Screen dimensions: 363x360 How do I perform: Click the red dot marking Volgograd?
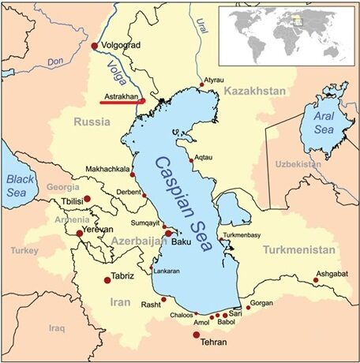[x=96, y=46]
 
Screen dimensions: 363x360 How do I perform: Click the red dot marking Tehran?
[x=197, y=335]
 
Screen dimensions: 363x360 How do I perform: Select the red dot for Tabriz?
[x=107, y=279]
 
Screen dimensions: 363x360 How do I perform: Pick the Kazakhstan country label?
[x=255, y=93]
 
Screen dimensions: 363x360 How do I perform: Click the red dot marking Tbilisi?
[x=88, y=200]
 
